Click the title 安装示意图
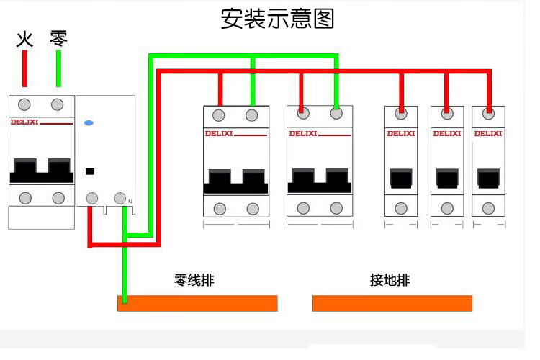pyautogui.click(x=277, y=18)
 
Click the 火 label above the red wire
pyautogui.click(x=25, y=37)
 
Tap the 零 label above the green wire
pyautogui.click(x=58, y=37)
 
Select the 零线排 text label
pyautogui.click(x=194, y=280)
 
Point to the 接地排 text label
pyautogui.click(x=390, y=280)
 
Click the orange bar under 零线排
pyautogui.click(x=197, y=303)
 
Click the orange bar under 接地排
pyautogui.click(x=392, y=303)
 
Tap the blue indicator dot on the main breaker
pyautogui.click(x=89, y=123)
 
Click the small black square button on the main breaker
pyautogui.click(x=90, y=171)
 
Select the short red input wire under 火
pyautogui.click(x=25, y=69)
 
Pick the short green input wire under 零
pyautogui.click(x=58, y=69)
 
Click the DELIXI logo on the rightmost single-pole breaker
pyautogui.click(x=488, y=133)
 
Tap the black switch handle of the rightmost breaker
pyautogui.click(x=488, y=179)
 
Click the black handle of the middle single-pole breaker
pyautogui.click(x=446, y=179)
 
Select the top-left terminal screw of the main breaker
pyautogui.click(x=25, y=104)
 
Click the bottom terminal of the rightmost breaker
pyautogui.click(x=488, y=208)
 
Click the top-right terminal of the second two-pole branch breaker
pyautogui.click(x=336, y=113)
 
